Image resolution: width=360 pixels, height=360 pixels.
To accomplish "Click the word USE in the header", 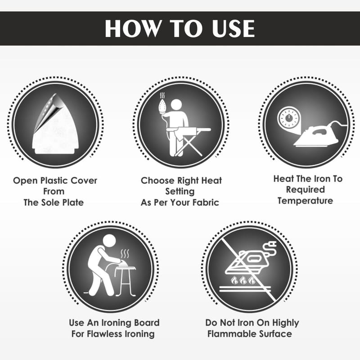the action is pos(233,28).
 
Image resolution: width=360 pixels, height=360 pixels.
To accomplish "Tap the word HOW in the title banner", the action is pos(132,28).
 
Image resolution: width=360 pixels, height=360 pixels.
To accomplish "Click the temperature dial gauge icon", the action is pos(288,118).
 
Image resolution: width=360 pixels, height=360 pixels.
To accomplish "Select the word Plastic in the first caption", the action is pos(54,181).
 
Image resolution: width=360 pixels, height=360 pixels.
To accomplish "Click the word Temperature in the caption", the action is pos(305,201).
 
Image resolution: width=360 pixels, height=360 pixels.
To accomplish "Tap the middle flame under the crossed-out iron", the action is pos(243,280).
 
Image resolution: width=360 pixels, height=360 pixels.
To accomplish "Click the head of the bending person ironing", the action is pos(109,241).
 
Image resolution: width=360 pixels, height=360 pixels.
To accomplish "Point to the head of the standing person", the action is pos(176,105).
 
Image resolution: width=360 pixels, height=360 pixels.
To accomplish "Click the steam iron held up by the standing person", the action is pos(162,106).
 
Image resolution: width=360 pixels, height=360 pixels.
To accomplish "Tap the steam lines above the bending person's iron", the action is pos(125,254).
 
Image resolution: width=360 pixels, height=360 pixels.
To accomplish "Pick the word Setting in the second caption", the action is pos(180,192).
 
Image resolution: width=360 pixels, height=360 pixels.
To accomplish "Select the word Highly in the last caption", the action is pos(286,323).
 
